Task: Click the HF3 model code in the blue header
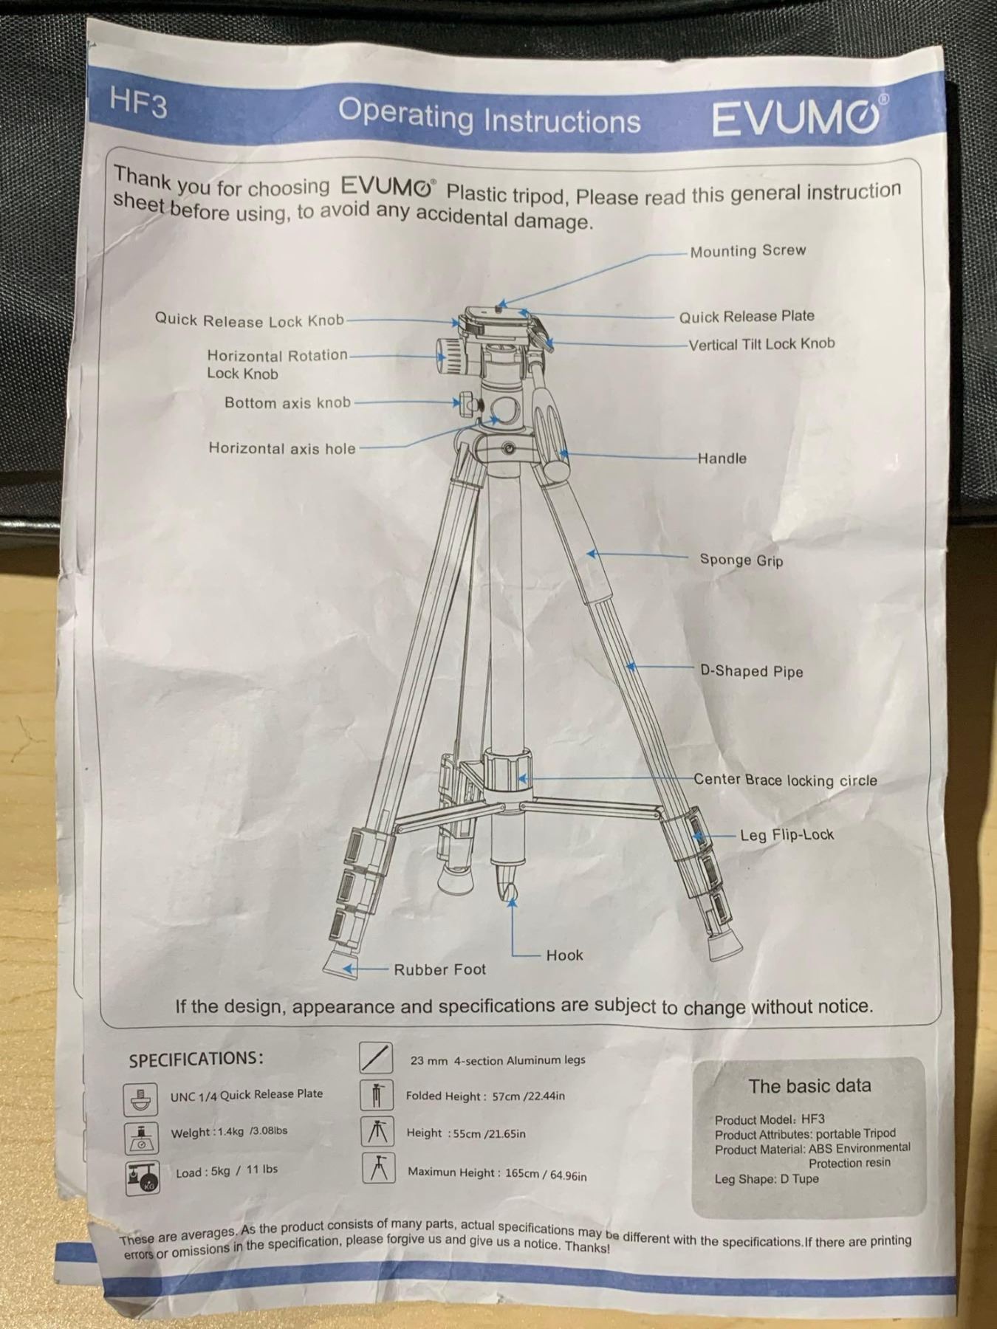coord(138,103)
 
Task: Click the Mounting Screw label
coord(748,251)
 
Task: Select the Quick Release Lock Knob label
coord(250,320)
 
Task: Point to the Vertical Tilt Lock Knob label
coord(761,344)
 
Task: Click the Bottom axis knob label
coord(287,403)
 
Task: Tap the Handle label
coord(722,458)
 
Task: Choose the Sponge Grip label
coord(741,560)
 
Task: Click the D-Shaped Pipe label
coord(751,671)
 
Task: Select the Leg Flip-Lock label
coord(787,835)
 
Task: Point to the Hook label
coord(565,955)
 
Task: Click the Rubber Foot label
coord(440,970)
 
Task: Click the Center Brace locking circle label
coord(785,780)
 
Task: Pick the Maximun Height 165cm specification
coord(497,1173)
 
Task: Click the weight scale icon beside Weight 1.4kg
coord(141,1138)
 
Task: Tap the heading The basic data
coord(809,1086)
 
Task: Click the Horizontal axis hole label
coord(281,448)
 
